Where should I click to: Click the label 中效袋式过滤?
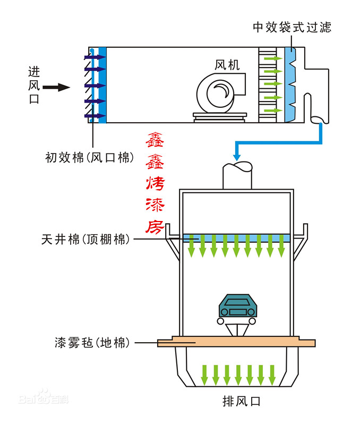pyautogui.click(x=292, y=28)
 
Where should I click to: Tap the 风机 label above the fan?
pyautogui.click(x=227, y=65)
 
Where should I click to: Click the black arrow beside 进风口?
pyautogui.click(x=56, y=87)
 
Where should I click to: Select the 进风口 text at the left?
pyautogui.click(x=34, y=85)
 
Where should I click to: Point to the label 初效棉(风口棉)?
pyautogui.click(x=90, y=157)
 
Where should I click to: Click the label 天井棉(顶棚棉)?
pyautogui.click(x=85, y=240)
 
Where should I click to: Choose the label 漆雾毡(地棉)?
pyautogui.click(x=92, y=343)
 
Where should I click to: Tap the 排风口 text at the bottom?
pyautogui.click(x=242, y=401)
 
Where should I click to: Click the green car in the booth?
pyautogui.click(x=237, y=306)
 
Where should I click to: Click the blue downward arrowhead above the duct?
pyautogui.click(x=237, y=157)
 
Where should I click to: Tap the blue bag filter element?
pyautogui.click(x=290, y=85)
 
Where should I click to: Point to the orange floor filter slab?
pyautogui.click(x=236, y=342)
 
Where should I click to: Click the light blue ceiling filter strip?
pyautogui.click(x=236, y=238)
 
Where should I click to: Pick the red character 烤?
pyautogui.click(x=155, y=183)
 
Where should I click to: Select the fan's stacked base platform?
pyautogui.click(x=220, y=117)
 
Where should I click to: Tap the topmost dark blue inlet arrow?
pyautogui.click(x=95, y=57)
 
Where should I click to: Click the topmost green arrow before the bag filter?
pyautogui.click(x=273, y=58)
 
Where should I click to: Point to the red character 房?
pyautogui.click(x=155, y=227)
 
